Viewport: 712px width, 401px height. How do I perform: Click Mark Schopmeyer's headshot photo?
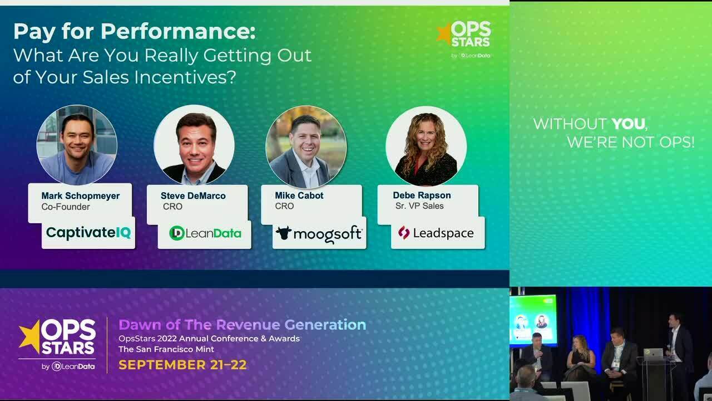pos(77,145)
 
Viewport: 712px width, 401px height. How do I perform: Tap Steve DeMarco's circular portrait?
pos(194,145)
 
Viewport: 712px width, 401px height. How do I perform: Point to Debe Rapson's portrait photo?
pos(426,146)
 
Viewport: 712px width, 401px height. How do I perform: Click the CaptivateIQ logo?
pos(88,233)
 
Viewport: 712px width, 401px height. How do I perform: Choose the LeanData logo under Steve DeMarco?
pos(205,233)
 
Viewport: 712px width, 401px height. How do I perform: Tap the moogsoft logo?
pos(319,233)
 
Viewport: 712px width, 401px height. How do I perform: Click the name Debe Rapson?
pos(422,195)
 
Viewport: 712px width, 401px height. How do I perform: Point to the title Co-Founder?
pos(66,207)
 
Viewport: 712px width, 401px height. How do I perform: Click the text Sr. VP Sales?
pos(419,206)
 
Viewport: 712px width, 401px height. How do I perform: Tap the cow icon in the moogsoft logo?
pos(284,233)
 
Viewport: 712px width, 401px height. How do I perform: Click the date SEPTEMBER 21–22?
pos(182,365)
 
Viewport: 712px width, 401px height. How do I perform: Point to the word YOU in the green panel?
pos(628,124)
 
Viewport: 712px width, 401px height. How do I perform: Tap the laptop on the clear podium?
pos(654,353)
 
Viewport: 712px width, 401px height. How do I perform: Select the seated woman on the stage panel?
pos(580,356)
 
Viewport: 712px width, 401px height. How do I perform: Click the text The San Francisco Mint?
pos(166,349)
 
